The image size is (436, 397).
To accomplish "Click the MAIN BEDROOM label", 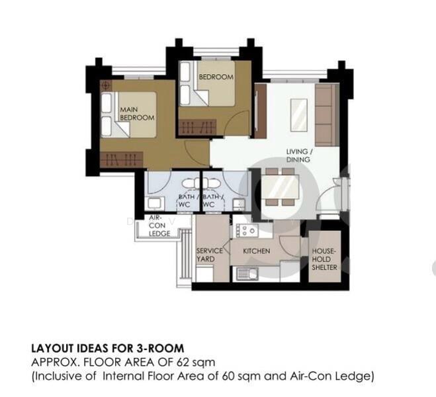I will pyautogui.click(x=137, y=113).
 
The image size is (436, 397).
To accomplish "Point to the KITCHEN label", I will pyautogui.click(x=257, y=251).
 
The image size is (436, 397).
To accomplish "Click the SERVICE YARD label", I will pyautogui.click(x=210, y=255).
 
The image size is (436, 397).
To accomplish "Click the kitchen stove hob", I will pyautogui.click(x=247, y=230).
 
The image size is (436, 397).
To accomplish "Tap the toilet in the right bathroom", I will pyautogui.click(x=216, y=185).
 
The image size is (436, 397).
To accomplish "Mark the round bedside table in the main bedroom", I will pyautogui.click(x=107, y=85).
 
